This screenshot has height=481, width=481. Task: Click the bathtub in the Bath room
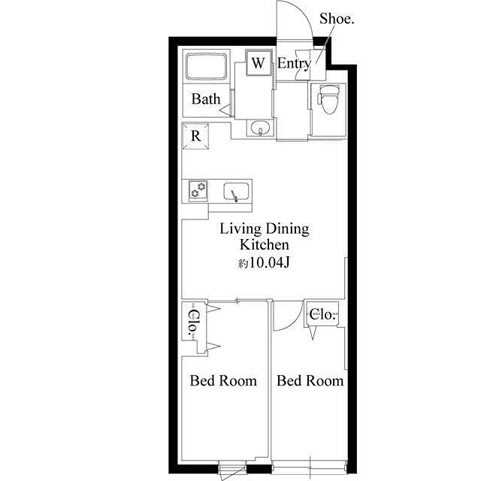point(207,67)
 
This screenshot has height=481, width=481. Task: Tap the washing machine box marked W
point(259,63)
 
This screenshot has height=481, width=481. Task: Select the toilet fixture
point(328,98)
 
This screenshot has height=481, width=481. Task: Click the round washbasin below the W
point(260,128)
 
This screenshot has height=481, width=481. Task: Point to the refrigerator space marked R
point(195,136)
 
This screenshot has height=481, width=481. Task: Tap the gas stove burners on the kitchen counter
point(198,190)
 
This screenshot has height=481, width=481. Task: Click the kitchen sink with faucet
point(235,192)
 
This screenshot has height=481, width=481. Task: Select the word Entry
point(294,64)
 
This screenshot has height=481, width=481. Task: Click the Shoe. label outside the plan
point(337,19)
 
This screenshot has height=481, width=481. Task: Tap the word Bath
point(206,98)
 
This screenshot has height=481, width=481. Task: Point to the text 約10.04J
point(264,263)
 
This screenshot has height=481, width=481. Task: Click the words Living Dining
point(265,229)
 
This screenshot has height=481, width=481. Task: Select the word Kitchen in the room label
point(264,245)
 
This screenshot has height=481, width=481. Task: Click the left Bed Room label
point(223,381)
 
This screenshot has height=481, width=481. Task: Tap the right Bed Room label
point(310,381)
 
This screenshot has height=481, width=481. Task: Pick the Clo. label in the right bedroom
point(322,314)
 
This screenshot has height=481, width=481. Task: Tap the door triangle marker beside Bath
point(226,110)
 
